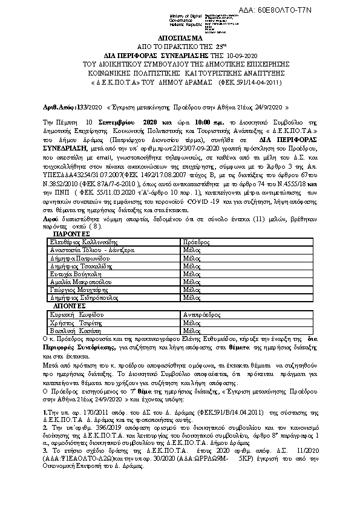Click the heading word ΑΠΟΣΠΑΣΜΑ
click(180, 37)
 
